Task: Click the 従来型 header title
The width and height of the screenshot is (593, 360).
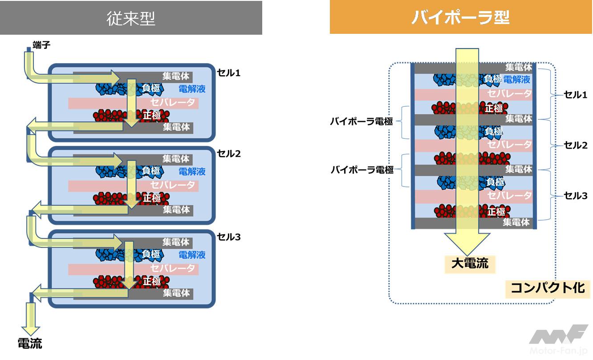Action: (x=131, y=18)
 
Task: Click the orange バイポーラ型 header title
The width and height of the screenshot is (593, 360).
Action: (x=460, y=17)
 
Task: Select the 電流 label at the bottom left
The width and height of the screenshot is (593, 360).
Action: (x=30, y=343)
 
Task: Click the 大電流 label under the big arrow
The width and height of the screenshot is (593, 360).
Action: (x=470, y=263)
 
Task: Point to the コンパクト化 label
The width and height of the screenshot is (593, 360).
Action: (x=547, y=288)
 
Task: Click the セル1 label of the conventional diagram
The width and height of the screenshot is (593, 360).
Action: (x=229, y=73)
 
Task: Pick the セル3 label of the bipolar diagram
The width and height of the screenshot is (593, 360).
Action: (x=576, y=195)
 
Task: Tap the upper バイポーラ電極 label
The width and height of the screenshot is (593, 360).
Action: (x=362, y=121)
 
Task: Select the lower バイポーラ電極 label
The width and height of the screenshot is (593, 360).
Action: (x=362, y=170)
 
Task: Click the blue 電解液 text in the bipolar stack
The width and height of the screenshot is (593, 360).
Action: (x=516, y=80)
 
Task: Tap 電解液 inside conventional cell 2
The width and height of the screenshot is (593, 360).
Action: (x=192, y=172)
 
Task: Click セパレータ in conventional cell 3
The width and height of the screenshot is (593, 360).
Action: (x=173, y=268)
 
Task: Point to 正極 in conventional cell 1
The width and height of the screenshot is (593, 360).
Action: (x=152, y=114)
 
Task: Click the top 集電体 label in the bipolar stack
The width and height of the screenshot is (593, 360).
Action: (x=519, y=67)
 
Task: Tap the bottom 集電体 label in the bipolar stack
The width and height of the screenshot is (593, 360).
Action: (x=516, y=222)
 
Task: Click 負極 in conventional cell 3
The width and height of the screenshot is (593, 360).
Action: (x=151, y=255)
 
